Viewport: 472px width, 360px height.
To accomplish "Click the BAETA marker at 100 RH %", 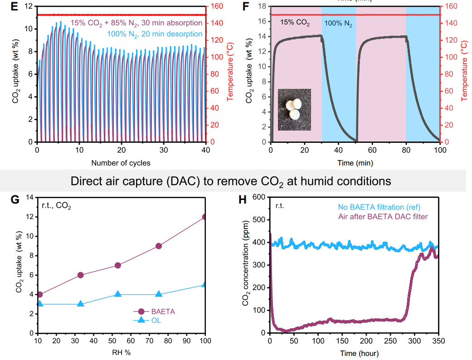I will pos(205,217).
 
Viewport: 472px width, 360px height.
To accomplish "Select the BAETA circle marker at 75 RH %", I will pos(159,246).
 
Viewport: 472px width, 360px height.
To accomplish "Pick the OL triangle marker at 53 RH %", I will pos(118,294).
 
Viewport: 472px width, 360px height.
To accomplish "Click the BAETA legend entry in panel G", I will pos(154,311).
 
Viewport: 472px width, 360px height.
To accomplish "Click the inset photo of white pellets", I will pos(294,108).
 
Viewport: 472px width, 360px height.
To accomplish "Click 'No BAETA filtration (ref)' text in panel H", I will pos(384,207).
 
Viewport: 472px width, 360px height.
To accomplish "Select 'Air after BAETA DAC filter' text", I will pos(383,216).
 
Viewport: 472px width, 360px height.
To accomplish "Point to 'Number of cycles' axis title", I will pos(121,162).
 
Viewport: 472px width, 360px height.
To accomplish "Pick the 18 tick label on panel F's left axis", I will pos(262,6).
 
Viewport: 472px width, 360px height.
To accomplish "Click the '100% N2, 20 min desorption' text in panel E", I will pos(155,34).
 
